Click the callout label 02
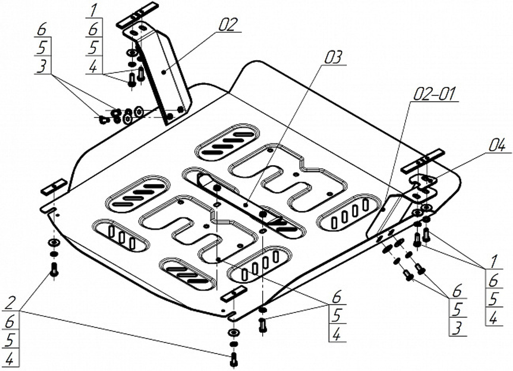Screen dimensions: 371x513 pyautogui.click(x=228, y=25)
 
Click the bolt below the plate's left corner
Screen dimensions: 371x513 pyautogui.click(x=53, y=268)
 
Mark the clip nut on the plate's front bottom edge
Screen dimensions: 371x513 pyautogui.click(x=233, y=294)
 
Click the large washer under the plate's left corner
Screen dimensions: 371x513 pyautogui.click(x=53, y=242)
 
